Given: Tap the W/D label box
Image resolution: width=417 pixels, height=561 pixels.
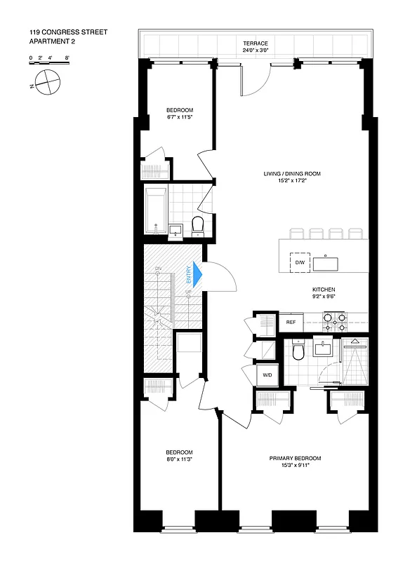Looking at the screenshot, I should [267, 375].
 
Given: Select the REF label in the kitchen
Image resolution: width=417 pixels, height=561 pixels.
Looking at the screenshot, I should [291, 323].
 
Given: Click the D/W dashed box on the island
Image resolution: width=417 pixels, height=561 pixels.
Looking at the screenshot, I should [300, 262].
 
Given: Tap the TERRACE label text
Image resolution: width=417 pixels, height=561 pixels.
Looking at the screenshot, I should [256, 43].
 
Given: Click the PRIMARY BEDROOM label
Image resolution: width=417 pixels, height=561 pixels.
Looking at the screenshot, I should [295, 459].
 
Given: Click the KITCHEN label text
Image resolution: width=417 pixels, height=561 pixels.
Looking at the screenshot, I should [324, 289].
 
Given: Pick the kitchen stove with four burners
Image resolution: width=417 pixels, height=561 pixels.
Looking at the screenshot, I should [334, 321].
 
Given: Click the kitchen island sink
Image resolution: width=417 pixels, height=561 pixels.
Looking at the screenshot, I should [326, 264].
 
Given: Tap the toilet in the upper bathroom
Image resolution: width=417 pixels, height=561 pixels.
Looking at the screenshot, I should [197, 224].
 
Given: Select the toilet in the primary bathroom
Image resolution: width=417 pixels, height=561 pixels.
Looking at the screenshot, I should [298, 351].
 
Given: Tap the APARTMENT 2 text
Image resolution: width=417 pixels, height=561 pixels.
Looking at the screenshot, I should [53, 41].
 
